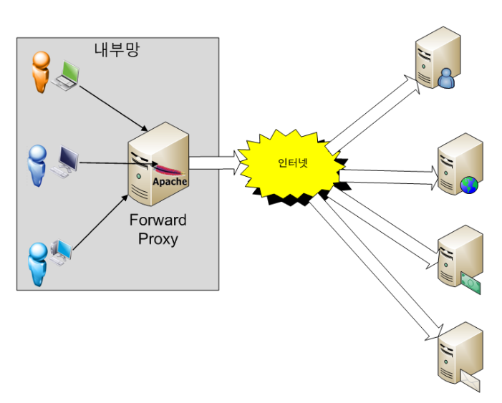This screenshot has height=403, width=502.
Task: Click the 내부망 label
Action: [x=116, y=49]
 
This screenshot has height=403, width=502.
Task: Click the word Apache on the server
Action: [x=170, y=181]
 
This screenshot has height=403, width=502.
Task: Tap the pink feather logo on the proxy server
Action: [x=169, y=170]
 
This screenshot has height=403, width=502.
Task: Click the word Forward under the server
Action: [x=158, y=219]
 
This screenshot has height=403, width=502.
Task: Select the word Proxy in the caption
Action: [x=158, y=238]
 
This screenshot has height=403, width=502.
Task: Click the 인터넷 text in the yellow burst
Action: [x=292, y=162]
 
